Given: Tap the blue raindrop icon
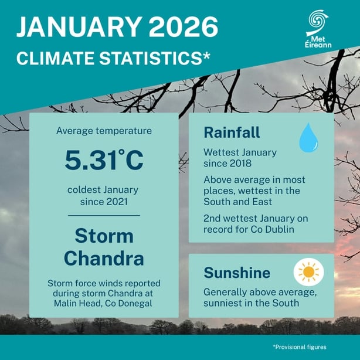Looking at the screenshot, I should click(x=308, y=138).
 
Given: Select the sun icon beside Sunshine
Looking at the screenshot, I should click(x=307, y=273).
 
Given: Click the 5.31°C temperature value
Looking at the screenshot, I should click(x=104, y=161).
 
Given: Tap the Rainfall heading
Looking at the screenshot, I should click(x=232, y=133).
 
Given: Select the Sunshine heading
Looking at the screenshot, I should click(x=237, y=273).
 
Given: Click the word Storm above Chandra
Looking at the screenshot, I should click(x=104, y=236).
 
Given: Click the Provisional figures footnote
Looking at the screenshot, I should click(x=300, y=347).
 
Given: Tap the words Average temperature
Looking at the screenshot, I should click(x=104, y=130).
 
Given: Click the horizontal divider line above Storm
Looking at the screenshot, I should click(x=104, y=216).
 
